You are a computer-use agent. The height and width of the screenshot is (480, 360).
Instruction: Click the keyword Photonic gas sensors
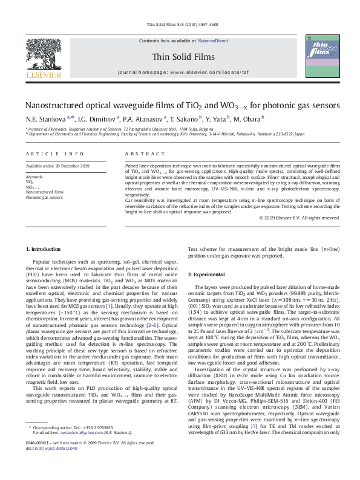[44, 197]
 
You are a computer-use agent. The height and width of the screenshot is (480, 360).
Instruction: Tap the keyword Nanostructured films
[44, 192]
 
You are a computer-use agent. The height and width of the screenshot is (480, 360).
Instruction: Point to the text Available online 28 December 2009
[57, 166]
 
